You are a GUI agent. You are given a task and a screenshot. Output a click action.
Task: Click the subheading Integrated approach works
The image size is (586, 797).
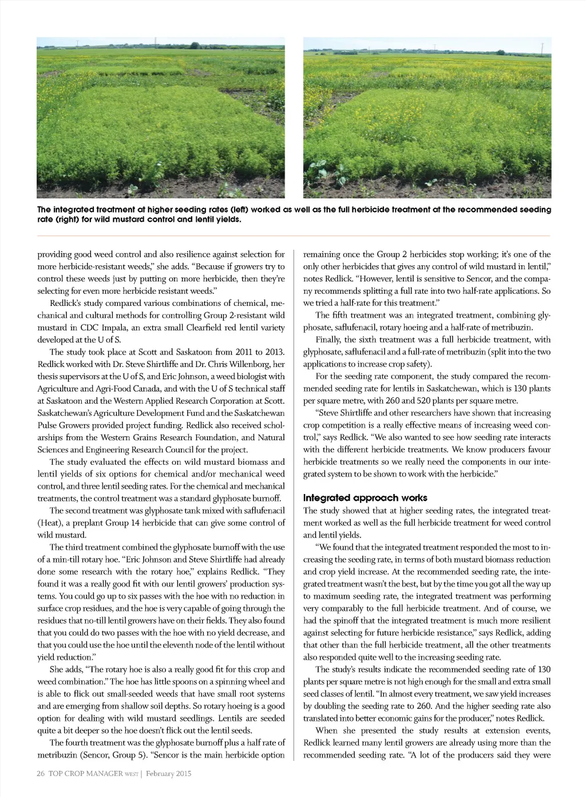365,497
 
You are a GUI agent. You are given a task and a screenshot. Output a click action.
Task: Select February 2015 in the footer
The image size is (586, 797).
169,774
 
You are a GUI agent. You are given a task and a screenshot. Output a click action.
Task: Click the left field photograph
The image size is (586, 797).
161,118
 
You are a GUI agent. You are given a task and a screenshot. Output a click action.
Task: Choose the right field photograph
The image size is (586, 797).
427,118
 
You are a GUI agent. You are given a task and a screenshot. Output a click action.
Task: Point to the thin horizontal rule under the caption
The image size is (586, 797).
294,236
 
